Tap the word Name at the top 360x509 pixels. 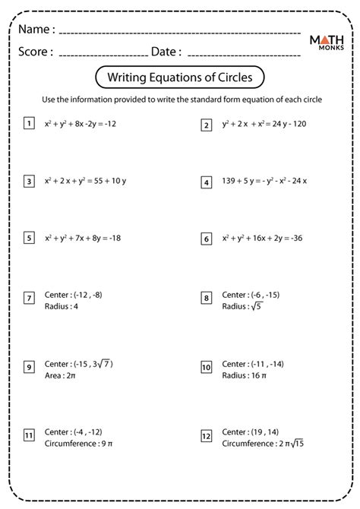(37, 30)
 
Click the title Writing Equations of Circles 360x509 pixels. (180, 77)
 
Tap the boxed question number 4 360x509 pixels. (206, 182)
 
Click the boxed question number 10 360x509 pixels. (206, 346)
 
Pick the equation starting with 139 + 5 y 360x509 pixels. (266, 182)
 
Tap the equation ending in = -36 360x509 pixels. (263, 239)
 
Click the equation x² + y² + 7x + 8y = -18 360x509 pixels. (83, 239)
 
